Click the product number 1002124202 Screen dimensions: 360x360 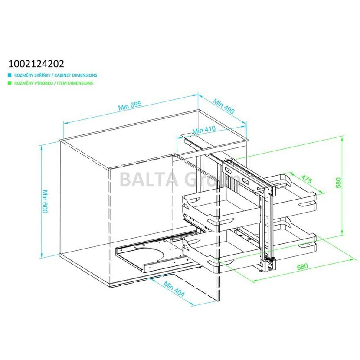pos(36,64)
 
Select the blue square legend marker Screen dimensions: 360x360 pos(10,75)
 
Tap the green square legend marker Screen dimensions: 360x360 pos(10,83)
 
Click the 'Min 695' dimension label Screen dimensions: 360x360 pos(130,105)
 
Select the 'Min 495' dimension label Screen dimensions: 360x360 pos(224,106)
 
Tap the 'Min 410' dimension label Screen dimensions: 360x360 pos(204,130)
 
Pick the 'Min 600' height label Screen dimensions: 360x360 pos(45,201)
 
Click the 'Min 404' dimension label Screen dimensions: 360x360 pos(174,289)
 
